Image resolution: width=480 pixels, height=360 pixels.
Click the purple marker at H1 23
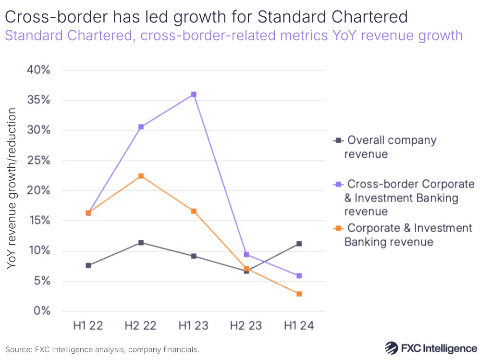click(x=194, y=95)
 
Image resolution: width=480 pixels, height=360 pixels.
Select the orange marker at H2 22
click(x=141, y=176)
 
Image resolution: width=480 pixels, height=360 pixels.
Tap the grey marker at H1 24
click(x=299, y=244)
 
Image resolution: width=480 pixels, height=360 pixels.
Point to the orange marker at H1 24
click(x=299, y=294)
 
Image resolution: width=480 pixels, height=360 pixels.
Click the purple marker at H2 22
click(x=141, y=127)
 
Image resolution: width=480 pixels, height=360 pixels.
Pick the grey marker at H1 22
click(x=88, y=265)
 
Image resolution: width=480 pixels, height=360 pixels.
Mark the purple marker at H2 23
click(x=246, y=254)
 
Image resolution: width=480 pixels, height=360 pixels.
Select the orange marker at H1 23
click(x=194, y=211)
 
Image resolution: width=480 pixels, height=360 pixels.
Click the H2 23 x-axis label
click(x=246, y=326)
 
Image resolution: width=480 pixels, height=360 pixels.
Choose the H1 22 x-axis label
click(x=88, y=326)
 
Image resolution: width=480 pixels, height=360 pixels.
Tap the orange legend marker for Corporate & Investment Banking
click(x=338, y=228)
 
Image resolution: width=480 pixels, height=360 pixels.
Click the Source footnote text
click(x=102, y=349)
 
